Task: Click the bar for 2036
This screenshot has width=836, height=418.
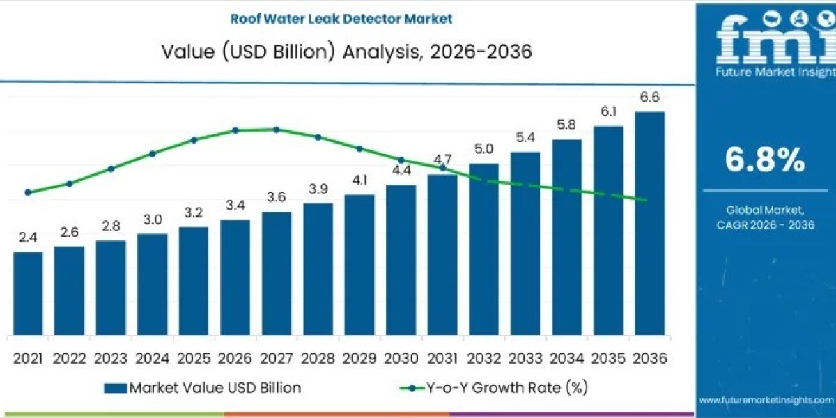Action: (649, 223)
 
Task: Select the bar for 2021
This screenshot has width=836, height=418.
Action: (28, 293)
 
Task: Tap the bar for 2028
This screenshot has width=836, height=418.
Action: (318, 268)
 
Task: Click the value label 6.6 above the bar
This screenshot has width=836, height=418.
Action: (649, 98)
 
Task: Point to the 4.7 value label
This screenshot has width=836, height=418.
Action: (442, 160)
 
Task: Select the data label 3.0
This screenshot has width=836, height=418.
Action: (152, 219)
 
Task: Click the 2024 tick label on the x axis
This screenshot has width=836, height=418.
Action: (152, 358)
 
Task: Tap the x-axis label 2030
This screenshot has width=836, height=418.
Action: (401, 358)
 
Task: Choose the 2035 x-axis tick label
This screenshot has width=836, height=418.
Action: (608, 358)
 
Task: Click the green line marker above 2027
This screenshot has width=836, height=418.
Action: (277, 130)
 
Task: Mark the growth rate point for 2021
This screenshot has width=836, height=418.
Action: (28, 192)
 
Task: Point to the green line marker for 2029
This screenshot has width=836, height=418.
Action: (359, 148)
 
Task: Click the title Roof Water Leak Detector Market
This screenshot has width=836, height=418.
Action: (336, 19)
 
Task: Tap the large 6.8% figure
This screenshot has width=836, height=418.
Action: (765, 161)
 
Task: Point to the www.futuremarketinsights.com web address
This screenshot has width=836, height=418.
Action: (766, 400)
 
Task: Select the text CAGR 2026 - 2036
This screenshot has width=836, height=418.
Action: (765, 224)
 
